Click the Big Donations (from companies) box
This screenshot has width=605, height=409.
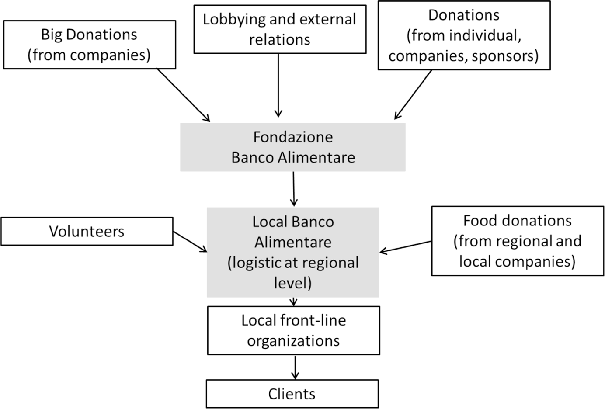tap(89, 45)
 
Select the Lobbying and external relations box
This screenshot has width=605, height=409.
tap(280, 29)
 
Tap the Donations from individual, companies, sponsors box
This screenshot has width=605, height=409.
tap(464, 35)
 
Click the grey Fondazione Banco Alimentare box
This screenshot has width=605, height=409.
tap(292, 147)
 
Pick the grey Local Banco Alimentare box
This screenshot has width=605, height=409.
tap(292, 252)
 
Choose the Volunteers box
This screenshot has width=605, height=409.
tap(87, 231)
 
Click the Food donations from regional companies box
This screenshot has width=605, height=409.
tap(518, 241)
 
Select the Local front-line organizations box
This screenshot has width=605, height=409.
tap(293, 330)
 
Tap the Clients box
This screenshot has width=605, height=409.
tap(292, 394)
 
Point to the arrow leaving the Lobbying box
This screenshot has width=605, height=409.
tap(278, 85)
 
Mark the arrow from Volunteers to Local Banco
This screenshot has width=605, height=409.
tap(190, 242)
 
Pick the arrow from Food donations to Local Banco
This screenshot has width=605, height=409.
tap(405, 246)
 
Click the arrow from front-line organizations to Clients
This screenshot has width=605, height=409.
tap(295, 367)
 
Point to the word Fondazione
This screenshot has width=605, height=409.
tap(293, 137)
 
